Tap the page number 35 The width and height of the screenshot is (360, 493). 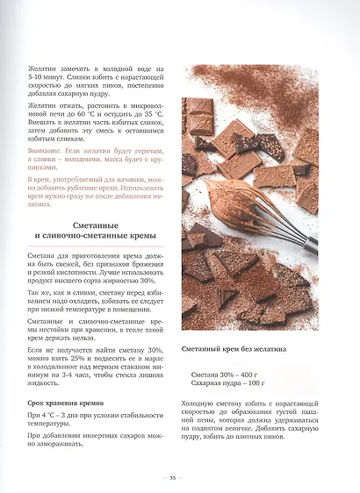click(173, 477)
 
